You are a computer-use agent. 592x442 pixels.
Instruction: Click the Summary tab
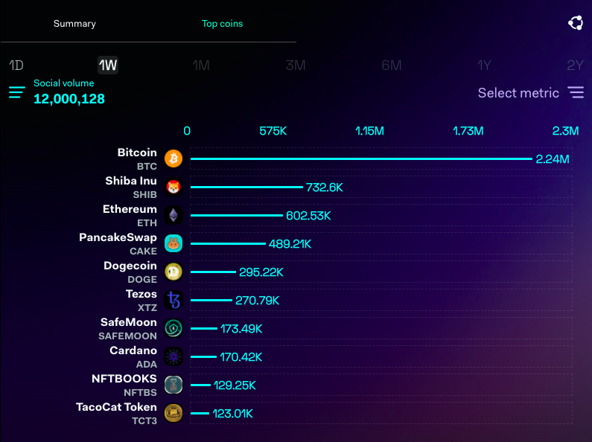(74, 24)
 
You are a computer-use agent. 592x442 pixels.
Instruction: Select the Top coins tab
(222, 24)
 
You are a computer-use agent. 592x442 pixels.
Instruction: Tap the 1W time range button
(108, 65)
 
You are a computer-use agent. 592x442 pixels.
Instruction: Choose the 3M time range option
(296, 65)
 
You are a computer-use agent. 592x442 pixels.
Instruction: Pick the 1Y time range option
(484, 65)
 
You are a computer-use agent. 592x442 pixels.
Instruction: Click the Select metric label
(518, 93)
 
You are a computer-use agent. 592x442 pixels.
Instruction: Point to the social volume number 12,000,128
(69, 99)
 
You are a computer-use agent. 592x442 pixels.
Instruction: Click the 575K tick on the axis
(273, 131)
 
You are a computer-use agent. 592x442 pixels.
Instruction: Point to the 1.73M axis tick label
(468, 131)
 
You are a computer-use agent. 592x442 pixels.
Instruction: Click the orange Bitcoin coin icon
(174, 159)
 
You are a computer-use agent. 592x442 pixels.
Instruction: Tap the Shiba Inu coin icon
(174, 188)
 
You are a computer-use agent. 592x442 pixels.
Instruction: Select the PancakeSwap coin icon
(174, 244)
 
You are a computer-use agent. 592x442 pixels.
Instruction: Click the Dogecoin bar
(214, 272)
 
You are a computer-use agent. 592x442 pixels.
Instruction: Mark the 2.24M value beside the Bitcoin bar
(553, 159)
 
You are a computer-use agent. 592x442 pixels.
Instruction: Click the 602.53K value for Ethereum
(308, 216)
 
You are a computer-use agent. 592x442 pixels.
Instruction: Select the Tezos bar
(212, 301)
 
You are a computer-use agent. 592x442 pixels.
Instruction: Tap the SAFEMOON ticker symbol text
(128, 336)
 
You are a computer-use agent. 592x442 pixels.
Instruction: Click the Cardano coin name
(133, 350)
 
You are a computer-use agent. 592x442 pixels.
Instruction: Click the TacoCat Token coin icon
(174, 414)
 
